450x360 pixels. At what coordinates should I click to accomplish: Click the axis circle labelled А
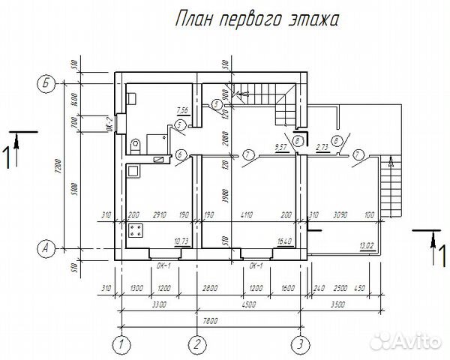point(46,247)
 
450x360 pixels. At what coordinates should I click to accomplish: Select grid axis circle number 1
point(119,345)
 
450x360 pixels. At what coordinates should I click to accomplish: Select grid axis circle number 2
point(196,345)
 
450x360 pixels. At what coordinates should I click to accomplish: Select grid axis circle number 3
point(298,345)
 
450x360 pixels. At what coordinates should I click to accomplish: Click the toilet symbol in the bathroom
point(136,144)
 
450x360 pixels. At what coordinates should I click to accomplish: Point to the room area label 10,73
point(181,241)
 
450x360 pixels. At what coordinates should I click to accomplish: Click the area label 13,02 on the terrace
point(367,245)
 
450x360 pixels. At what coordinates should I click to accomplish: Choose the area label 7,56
point(181,109)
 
